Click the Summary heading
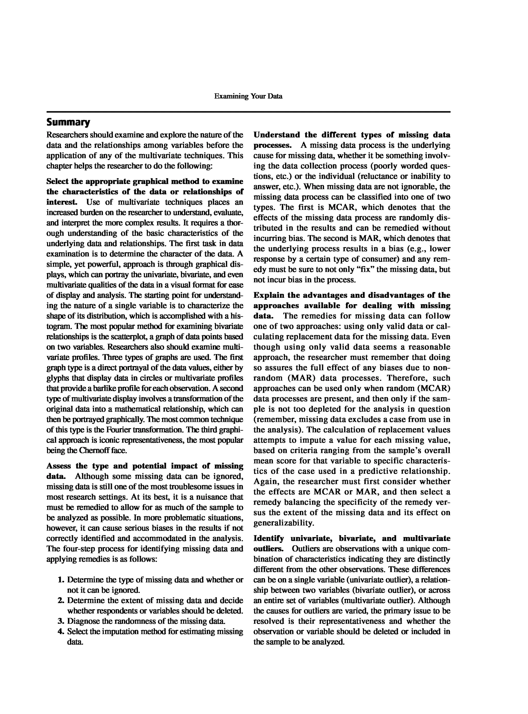[68, 122]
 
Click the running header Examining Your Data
[248, 96]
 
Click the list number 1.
[61, 580]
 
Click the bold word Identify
[268, 538]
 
